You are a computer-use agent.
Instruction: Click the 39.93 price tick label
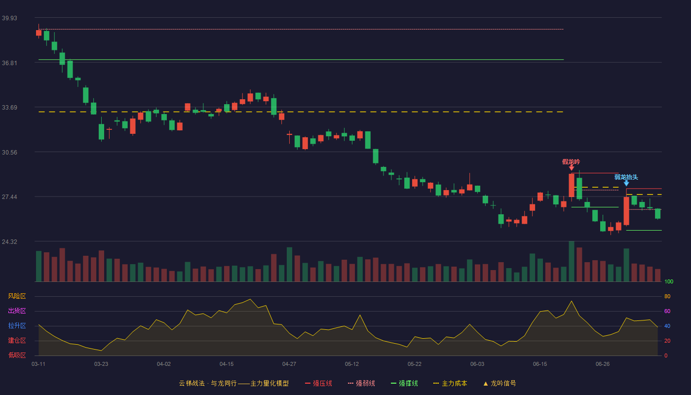(9, 18)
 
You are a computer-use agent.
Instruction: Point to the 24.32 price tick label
(9, 241)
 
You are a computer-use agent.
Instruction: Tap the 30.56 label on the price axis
(9, 153)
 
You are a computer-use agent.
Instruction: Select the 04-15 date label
(227, 364)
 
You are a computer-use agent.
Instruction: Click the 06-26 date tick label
(603, 364)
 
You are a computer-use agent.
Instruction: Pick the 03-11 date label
(38, 364)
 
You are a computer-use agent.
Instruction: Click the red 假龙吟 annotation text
(571, 162)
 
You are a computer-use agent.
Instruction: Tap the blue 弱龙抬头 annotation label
(626, 177)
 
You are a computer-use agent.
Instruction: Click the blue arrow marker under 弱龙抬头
(626, 183)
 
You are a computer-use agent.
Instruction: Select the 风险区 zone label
(17, 296)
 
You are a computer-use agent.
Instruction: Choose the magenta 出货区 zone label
(17, 311)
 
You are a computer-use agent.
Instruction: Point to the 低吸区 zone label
(17, 355)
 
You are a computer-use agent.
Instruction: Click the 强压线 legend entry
(318, 383)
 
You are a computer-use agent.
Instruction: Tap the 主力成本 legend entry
(450, 383)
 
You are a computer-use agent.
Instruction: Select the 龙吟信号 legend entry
(499, 383)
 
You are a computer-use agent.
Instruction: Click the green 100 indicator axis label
(669, 281)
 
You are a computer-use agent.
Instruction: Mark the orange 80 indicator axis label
(667, 296)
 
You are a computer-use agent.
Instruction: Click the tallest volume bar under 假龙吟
(572, 261)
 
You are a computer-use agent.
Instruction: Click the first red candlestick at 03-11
(38, 33)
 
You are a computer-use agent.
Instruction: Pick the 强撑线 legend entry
(404, 383)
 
